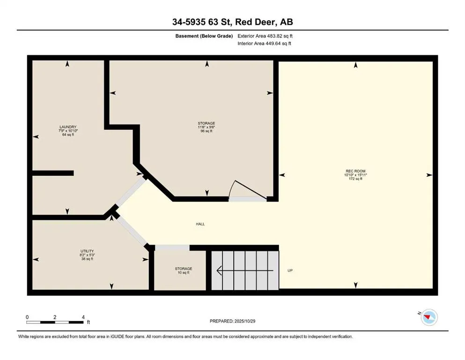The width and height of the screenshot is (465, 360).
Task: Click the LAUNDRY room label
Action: pyautogui.click(x=67, y=127)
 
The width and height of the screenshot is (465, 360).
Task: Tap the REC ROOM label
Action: pyautogui.click(x=355, y=171)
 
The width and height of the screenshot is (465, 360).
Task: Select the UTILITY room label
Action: pyautogui.click(x=87, y=251)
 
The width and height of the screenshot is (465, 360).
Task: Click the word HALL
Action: pyautogui.click(x=200, y=224)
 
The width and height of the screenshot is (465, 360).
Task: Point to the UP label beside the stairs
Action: pyautogui.click(x=290, y=270)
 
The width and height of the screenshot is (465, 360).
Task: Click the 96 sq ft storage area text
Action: pyautogui.click(x=206, y=131)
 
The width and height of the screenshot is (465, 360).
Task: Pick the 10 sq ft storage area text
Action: pyautogui.click(x=184, y=273)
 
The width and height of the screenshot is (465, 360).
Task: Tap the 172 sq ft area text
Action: pyautogui.click(x=355, y=179)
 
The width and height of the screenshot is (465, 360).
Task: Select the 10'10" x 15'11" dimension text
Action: pyautogui.click(x=355, y=175)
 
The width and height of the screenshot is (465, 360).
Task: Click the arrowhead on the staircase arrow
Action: pyautogui.click(x=219, y=270)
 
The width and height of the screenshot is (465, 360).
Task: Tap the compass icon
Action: pyautogui.click(x=428, y=318)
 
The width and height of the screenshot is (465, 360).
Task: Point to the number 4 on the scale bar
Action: pyautogui.click(x=83, y=317)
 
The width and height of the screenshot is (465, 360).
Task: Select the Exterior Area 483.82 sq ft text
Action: pyautogui.click(x=266, y=36)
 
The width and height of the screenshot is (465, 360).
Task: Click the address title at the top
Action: pyautogui.click(x=232, y=22)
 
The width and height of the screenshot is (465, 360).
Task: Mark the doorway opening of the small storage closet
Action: pyautogui.click(x=171, y=247)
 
